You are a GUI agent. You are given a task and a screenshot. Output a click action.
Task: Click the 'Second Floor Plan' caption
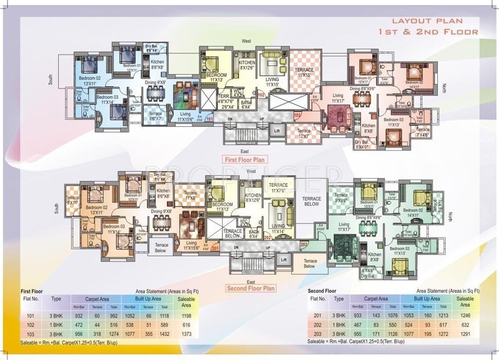tap(250, 288)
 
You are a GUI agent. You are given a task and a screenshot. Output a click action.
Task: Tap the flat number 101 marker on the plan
tap(210, 119)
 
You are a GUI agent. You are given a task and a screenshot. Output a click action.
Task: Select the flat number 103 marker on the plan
tap(298, 116)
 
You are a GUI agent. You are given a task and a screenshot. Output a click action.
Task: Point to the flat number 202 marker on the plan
tap(267, 237)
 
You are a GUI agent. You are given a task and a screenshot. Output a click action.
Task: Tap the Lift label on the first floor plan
tap(277, 132)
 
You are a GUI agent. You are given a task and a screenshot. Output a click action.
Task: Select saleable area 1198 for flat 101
tap(186, 316)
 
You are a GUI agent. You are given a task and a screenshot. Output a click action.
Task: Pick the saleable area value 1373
tap(186, 334)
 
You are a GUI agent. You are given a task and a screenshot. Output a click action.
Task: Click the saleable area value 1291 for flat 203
tap(465, 334)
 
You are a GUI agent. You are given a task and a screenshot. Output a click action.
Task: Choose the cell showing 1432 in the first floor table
tap(164, 334)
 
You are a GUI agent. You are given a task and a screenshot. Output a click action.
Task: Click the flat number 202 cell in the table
tap(318, 325)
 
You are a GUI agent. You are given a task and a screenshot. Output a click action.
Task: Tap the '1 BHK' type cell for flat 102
tap(56, 325)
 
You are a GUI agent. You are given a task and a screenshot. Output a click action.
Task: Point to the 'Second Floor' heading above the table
tap(323, 290)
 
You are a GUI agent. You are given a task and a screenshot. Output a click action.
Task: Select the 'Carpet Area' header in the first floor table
tap(94, 299)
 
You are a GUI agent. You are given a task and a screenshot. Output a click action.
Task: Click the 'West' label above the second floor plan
tap(251, 172)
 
